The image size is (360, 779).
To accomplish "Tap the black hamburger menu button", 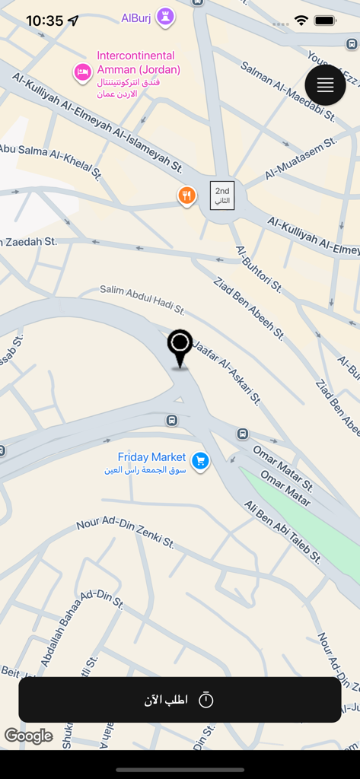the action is click(325, 85).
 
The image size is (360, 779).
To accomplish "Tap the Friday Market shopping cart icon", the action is click(200, 460).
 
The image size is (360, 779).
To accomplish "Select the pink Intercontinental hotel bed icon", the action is click(82, 72).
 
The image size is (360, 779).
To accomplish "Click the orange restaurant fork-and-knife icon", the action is click(186, 196).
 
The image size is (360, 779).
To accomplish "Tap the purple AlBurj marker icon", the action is click(165, 17).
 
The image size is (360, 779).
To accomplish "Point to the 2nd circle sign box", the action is click(222, 196).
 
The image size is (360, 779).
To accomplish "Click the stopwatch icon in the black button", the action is click(205, 700).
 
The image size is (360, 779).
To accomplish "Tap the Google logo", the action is click(28, 736).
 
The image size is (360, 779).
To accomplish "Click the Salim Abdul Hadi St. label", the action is click(142, 299).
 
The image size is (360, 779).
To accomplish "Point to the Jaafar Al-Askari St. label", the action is click(228, 372).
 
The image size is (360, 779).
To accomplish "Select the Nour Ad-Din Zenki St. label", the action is click(126, 532).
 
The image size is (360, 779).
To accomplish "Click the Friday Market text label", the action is click(151, 457).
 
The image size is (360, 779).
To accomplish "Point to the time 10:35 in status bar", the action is click(44, 21).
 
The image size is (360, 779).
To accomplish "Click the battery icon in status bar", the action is click(325, 21).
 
